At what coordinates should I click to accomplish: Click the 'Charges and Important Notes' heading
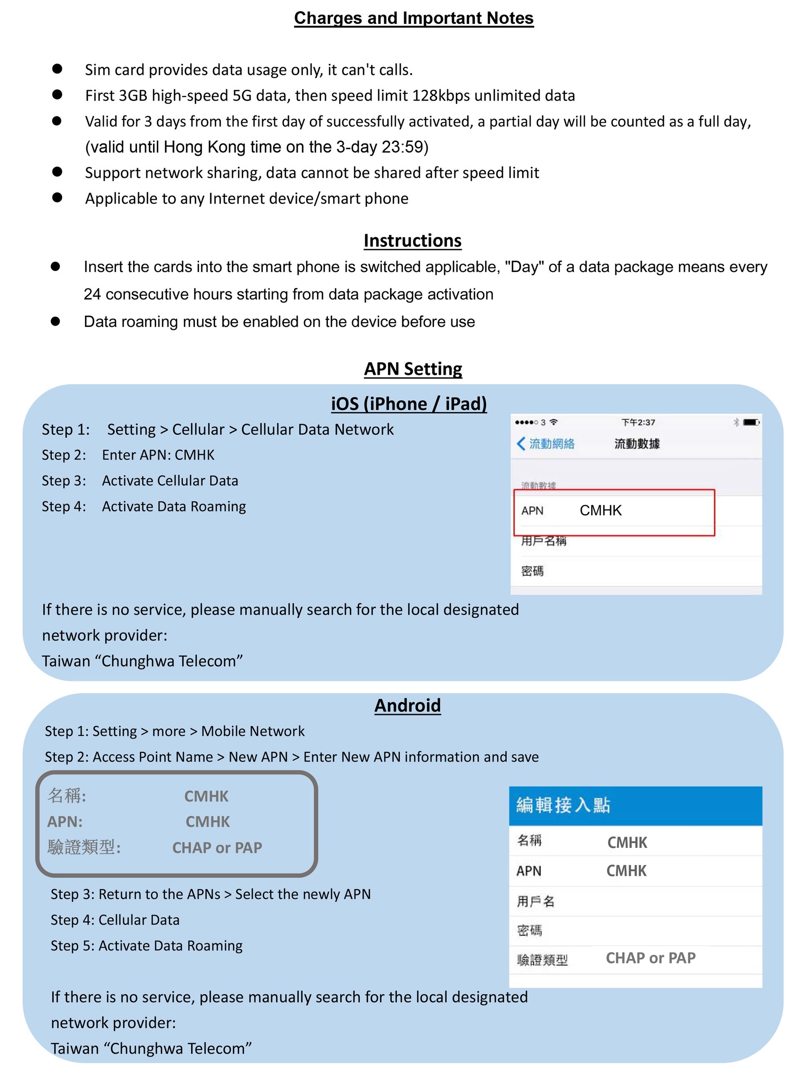pyautogui.click(x=413, y=18)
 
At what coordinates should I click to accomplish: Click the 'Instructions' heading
pyautogui.click(x=412, y=240)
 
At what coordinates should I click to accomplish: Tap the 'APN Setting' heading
pyautogui.click(x=413, y=368)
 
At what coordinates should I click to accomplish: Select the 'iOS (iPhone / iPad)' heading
pyautogui.click(x=409, y=404)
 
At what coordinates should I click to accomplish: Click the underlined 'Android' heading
pyautogui.click(x=407, y=705)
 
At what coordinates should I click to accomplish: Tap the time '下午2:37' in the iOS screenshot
pyautogui.click(x=638, y=422)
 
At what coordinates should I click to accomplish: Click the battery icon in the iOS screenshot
pyautogui.click(x=751, y=422)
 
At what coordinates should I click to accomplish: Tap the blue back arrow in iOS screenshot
pyautogui.click(x=521, y=443)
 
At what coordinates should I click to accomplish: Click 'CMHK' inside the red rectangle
pyautogui.click(x=600, y=510)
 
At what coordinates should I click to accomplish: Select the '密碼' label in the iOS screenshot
pyautogui.click(x=532, y=571)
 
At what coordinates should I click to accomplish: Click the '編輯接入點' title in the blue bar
pyautogui.click(x=563, y=805)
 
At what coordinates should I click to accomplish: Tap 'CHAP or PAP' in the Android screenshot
pyautogui.click(x=650, y=958)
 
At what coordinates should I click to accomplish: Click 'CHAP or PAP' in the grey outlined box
pyautogui.click(x=217, y=847)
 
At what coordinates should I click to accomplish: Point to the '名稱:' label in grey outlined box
pyautogui.click(x=67, y=796)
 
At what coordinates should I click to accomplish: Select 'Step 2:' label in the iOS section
pyautogui.click(x=64, y=455)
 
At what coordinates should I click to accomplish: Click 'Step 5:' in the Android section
pyautogui.click(x=73, y=946)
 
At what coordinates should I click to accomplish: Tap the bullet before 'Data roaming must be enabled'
pyautogui.click(x=55, y=321)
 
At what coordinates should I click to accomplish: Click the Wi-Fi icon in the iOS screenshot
pyautogui.click(x=554, y=422)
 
